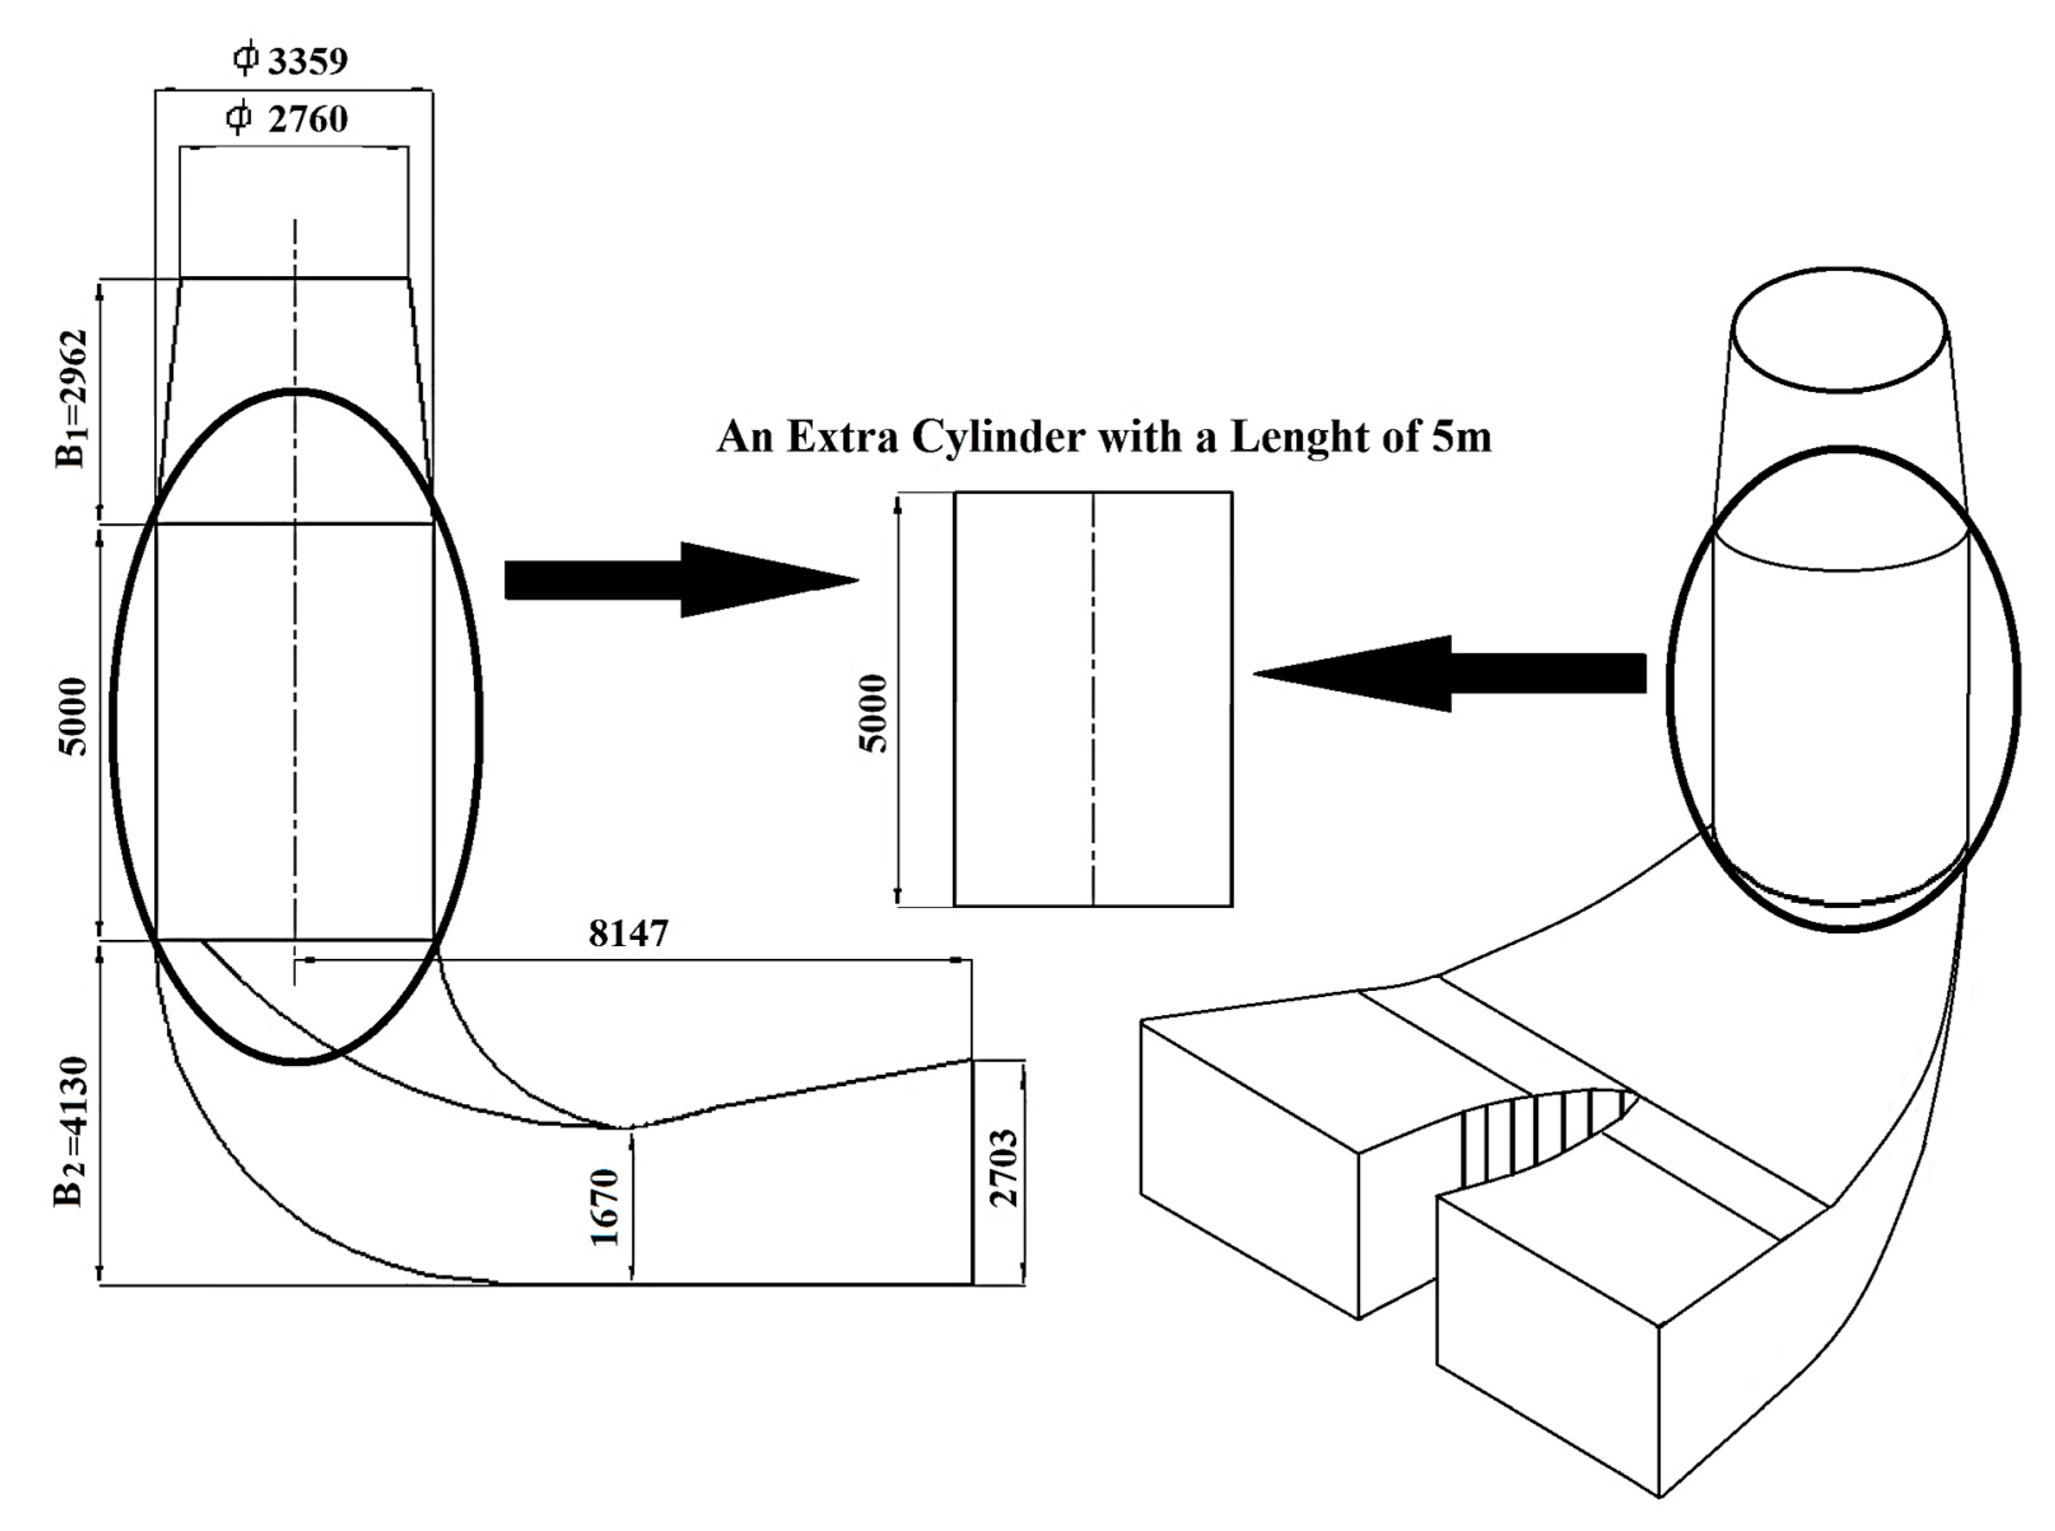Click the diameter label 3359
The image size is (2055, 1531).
click(307, 61)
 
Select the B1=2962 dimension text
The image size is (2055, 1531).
click(73, 398)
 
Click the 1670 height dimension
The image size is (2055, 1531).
click(604, 1206)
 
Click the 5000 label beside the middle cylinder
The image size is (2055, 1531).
click(873, 713)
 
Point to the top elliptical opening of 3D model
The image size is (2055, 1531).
click(1839, 329)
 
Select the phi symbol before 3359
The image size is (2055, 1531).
click(244, 59)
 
